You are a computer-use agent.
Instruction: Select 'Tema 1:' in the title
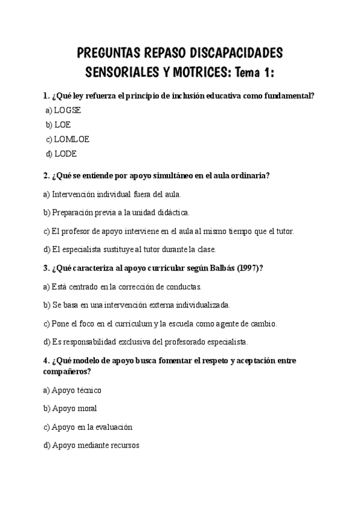click(x=255, y=73)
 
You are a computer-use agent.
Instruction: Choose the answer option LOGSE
click(x=67, y=110)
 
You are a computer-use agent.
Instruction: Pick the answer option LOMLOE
click(x=71, y=139)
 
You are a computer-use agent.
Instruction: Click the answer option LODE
click(x=65, y=154)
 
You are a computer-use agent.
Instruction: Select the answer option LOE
click(x=62, y=125)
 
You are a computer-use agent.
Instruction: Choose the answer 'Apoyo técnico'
click(x=77, y=390)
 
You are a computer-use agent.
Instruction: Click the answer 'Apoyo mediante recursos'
click(x=95, y=446)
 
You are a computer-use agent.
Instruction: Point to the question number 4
click(x=46, y=361)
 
